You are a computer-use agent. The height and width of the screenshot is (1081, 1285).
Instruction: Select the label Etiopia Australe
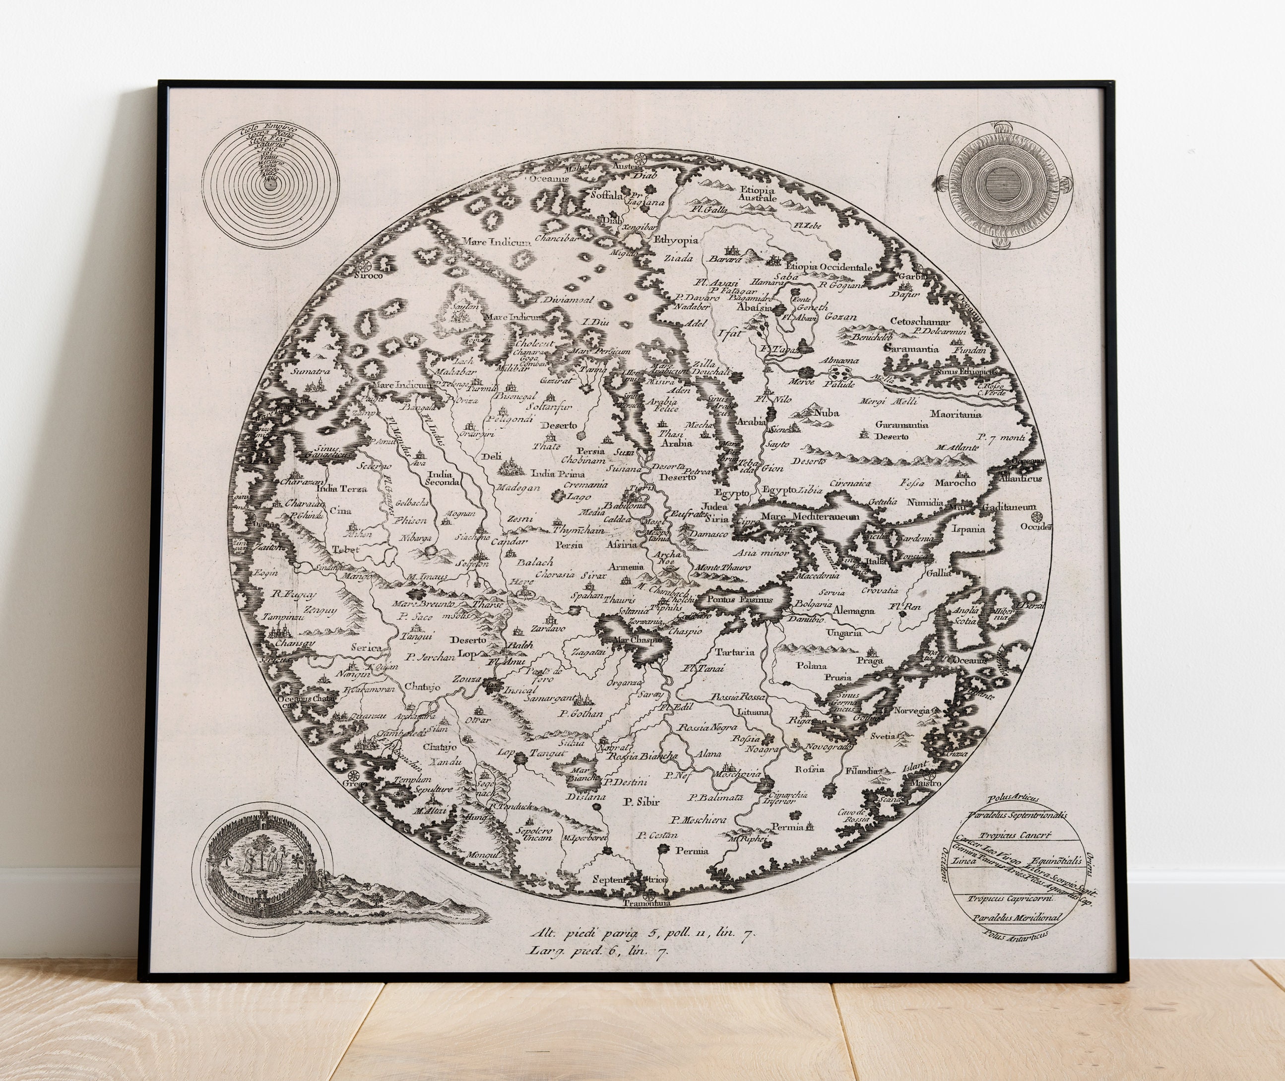point(758,193)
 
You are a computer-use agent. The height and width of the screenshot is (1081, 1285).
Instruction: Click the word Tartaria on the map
point(735,652)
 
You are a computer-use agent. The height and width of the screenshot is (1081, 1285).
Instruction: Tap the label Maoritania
point(956,414)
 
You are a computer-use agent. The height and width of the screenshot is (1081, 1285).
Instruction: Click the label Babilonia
point(625,506)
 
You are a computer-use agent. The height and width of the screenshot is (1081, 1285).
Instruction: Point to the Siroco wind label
point(368,276)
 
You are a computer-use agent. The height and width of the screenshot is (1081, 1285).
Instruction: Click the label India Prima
point(557,474)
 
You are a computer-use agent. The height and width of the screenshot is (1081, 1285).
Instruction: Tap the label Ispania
point(967,529)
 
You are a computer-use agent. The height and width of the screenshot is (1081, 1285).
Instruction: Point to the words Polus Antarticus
point(1014,934)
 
